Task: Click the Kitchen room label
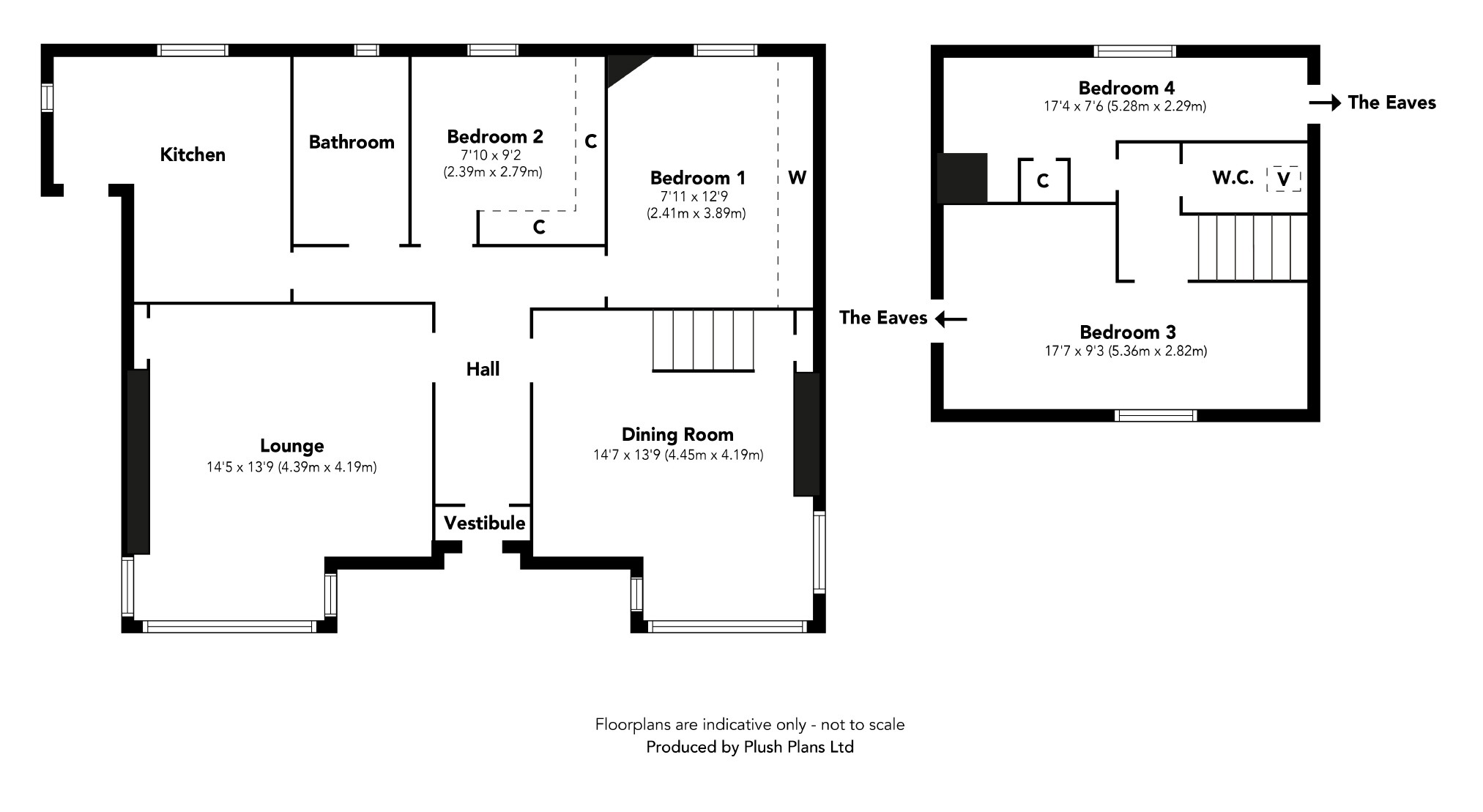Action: tap(193, 154)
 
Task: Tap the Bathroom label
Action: tap(352, 142)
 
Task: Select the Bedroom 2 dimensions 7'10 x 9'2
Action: tap(492, 155)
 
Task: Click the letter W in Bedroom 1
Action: tap(797, 177)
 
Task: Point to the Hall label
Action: tap(483, 369)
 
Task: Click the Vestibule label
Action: tap(484, 523)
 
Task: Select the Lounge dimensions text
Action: tap(291, 467)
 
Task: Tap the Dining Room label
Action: tap(677, 434)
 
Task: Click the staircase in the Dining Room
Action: tap(703, 340)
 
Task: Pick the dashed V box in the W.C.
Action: tap(1283, 179)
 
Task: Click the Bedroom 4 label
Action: tap(1126, 88)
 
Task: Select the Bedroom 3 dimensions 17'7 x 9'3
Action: tap(1126, 351)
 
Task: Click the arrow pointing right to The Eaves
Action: tap(1325, 103)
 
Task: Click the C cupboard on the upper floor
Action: tap(1044, 180)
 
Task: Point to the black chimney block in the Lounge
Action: tap(138, 461)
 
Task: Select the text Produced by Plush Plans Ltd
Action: tap(749, 747)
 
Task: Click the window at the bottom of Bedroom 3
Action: tap(1155, 416)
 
